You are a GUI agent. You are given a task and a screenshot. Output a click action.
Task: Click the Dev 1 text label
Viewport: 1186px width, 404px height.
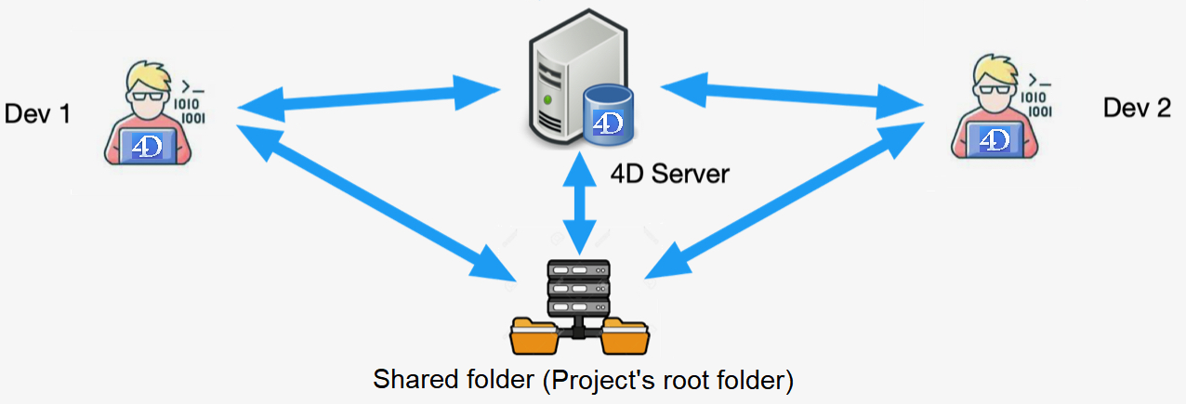tap(38, 114)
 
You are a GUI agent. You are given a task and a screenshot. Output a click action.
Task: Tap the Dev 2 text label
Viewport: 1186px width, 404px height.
tap(1137, 108)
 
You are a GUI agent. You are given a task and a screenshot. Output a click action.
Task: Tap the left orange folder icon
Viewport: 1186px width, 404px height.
tap(536, 336)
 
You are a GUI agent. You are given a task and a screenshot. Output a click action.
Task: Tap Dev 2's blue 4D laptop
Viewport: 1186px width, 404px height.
tap(995, 140)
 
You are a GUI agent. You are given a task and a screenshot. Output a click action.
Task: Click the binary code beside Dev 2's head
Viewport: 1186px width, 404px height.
tap(1037, 102)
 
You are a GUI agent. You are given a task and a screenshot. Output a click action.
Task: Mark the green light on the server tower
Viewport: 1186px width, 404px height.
tap(549, 97)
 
